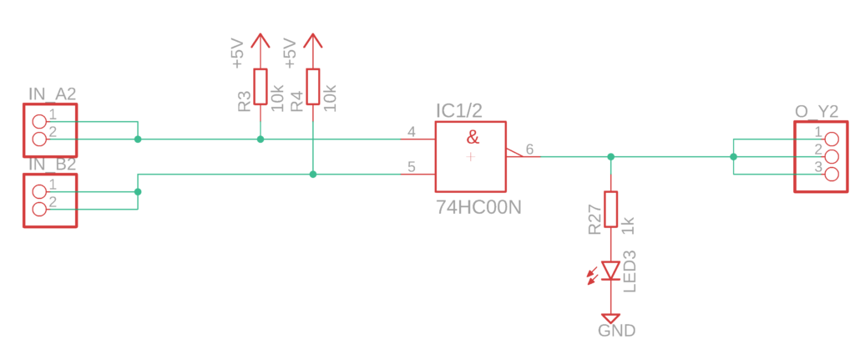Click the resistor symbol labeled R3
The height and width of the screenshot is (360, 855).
(x=261, y=86)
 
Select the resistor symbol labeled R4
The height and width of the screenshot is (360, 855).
(x=312, y=86)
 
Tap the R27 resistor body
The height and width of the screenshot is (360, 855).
(x=610, y=209)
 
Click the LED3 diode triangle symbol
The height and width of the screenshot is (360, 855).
(x=610, y=271)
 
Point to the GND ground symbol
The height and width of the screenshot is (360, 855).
(x=610, y=318)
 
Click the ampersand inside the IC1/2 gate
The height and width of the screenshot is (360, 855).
(x=473, y=138)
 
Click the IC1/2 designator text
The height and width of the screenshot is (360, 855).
(x=458, y=111)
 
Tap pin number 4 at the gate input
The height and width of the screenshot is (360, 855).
(x=411, y=132)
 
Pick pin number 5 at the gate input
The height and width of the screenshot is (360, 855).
(x=411, y=167)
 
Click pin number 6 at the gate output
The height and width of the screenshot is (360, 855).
(x=529, y=149)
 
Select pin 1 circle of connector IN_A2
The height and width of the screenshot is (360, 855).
(x=39, y=122)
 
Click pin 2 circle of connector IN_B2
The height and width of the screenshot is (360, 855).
(x=39, y=209)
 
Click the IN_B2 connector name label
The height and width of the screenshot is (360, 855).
(x=53, y=165)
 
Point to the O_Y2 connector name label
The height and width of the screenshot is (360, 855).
(x=817, y=112)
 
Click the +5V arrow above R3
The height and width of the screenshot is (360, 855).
(x=261, y=51)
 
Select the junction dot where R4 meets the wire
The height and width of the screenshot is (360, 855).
(x=312, y=175)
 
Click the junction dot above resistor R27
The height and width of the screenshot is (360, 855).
(x=610, y=156)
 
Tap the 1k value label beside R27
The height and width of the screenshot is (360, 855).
(x=628, y=225)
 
